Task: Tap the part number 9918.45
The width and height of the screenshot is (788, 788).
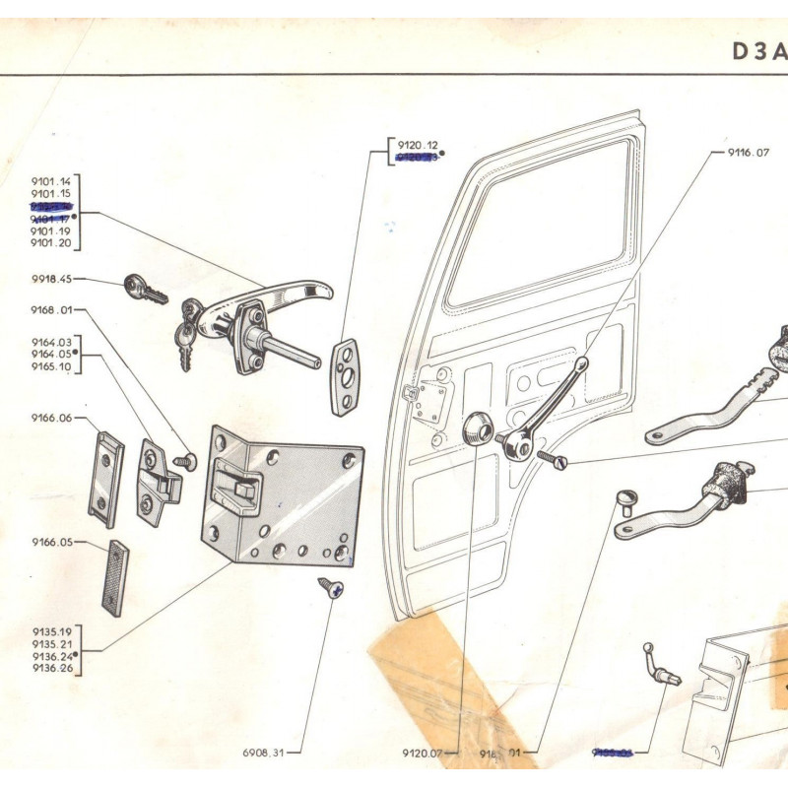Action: click(50, 280)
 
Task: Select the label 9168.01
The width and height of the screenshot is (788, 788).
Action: click(51, 310)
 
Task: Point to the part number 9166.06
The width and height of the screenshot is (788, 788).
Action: click(51, 418)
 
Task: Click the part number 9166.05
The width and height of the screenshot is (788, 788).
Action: click(51, 542)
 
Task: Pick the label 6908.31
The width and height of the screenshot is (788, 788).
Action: click(263, 754)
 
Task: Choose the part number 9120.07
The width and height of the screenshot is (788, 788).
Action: click(423, 754)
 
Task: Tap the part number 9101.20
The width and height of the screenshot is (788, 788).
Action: click(51, 242)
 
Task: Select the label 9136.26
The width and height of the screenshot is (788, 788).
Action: click(51, 667)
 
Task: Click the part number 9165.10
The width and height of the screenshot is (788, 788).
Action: click(51, 366)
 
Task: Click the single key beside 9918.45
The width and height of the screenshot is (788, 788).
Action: click(145, 290)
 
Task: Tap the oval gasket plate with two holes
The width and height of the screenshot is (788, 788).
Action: click(345, 377)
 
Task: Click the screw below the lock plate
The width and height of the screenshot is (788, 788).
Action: click(331, 588)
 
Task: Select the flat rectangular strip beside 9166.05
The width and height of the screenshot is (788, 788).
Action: click(114, 577)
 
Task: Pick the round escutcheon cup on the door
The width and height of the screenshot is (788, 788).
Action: click(478, 429)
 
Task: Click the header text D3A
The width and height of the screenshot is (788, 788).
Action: click(757, 52)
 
